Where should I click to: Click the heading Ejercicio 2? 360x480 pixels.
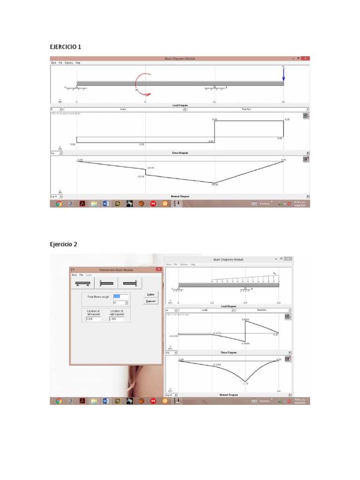pos(64,244)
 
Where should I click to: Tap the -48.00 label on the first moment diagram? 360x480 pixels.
pos(215,185)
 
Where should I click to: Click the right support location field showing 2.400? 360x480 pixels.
pos(116,319)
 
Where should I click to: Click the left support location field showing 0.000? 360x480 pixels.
pos(93,319)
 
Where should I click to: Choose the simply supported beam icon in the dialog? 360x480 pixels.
pos(83,283)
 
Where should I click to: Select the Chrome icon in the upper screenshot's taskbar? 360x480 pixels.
pos(59,204)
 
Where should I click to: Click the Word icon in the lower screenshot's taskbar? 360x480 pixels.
pos(105,401)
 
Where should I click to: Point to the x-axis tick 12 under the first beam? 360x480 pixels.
pos(214,102)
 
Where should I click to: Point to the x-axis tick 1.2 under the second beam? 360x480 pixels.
pos(212,303)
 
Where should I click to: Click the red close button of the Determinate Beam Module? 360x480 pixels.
pos(159,270)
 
